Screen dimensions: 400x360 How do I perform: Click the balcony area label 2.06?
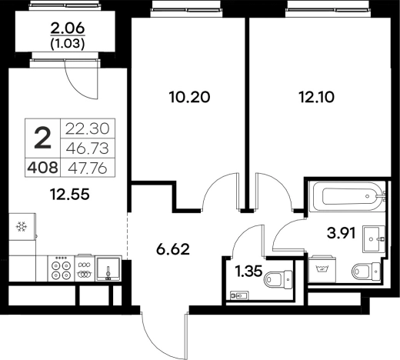68,28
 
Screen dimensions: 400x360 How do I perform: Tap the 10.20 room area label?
189,98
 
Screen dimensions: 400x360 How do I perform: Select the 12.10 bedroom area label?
317,98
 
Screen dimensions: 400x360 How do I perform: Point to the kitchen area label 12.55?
70,194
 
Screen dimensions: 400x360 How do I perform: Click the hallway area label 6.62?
173,249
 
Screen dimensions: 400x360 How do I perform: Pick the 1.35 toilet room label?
249,272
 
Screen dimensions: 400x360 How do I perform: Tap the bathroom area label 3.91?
342,233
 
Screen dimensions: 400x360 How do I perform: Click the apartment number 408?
42,168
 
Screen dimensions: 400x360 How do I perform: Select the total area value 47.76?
88,168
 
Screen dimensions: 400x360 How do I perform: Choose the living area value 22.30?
88,128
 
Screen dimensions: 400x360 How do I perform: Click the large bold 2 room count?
42,138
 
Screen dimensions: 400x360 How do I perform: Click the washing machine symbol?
322,268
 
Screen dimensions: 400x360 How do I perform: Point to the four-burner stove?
61,268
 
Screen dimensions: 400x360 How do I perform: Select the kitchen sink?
108,268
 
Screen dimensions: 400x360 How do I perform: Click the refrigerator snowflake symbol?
22,227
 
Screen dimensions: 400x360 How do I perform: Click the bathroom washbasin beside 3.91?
374,238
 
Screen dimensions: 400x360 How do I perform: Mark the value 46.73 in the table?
88,148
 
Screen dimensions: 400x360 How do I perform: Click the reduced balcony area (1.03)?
68,44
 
